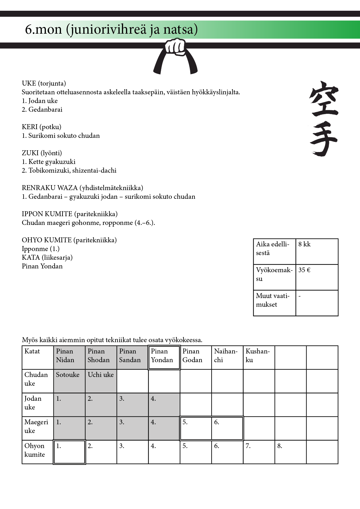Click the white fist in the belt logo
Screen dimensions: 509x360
pos(175,47)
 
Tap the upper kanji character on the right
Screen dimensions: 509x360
pos(323,99)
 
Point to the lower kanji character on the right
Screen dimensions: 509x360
pos(323,139)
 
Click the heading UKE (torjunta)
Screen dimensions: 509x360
pos(44,84)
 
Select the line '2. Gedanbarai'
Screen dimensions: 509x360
pos(42,110)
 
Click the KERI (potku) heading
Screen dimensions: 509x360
pos(42,127)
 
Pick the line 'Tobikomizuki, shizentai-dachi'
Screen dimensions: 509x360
pos(69,171)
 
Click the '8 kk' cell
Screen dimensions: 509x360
pos(317,251)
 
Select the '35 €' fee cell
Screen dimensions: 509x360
pos(317,277)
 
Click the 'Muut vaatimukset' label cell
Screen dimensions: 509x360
pos(274,303)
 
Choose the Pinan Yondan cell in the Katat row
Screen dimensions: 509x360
pos(164,358)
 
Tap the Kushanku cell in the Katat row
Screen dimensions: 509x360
pos(259,358)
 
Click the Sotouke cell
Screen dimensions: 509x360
pos(69,381)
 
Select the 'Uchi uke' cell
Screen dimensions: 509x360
pos(101,381)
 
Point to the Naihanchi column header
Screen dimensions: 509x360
pos(227,358)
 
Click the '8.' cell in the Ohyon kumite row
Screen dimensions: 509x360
pos(290,452)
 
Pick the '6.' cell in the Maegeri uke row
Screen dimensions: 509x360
pos(227,428)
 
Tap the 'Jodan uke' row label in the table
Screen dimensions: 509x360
pos(37,405)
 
